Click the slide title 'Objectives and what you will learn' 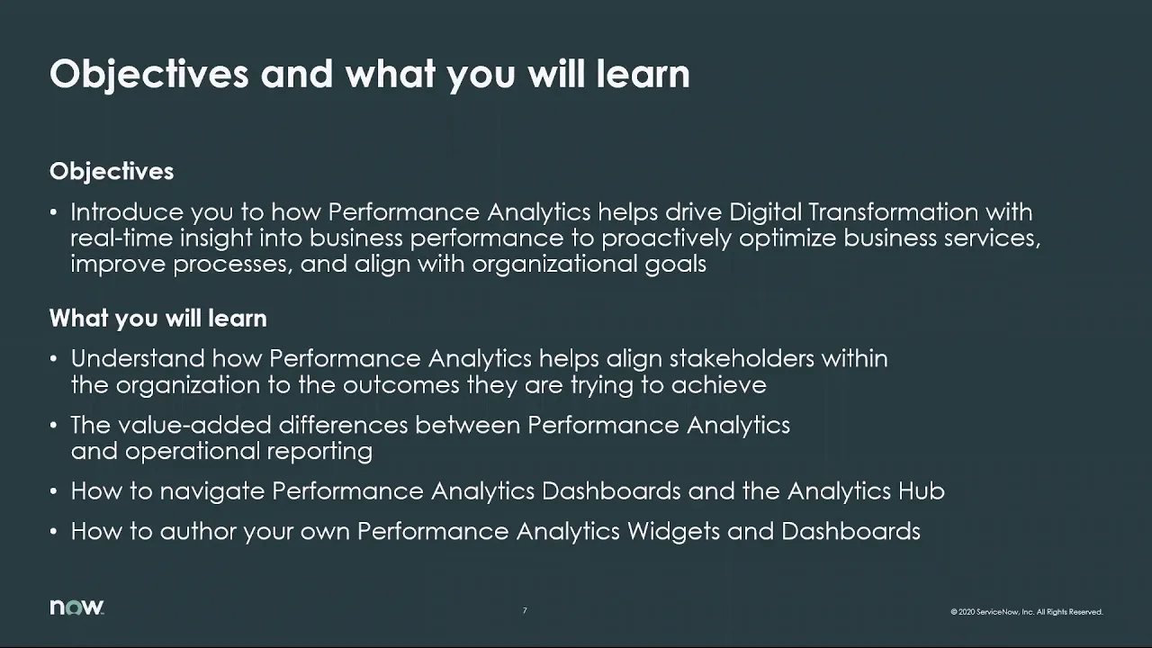point(369,74)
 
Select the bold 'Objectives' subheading point(112,171)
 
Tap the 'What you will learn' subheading point(157,319)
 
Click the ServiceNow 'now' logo point(76,607)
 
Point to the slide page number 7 point(525,611)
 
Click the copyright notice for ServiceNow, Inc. point(1026,612)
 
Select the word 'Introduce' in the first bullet point(127,212)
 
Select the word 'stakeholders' point(748,358)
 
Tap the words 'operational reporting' point(248,451)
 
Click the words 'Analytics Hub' point(866,491)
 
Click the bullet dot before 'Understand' point(54,359)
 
